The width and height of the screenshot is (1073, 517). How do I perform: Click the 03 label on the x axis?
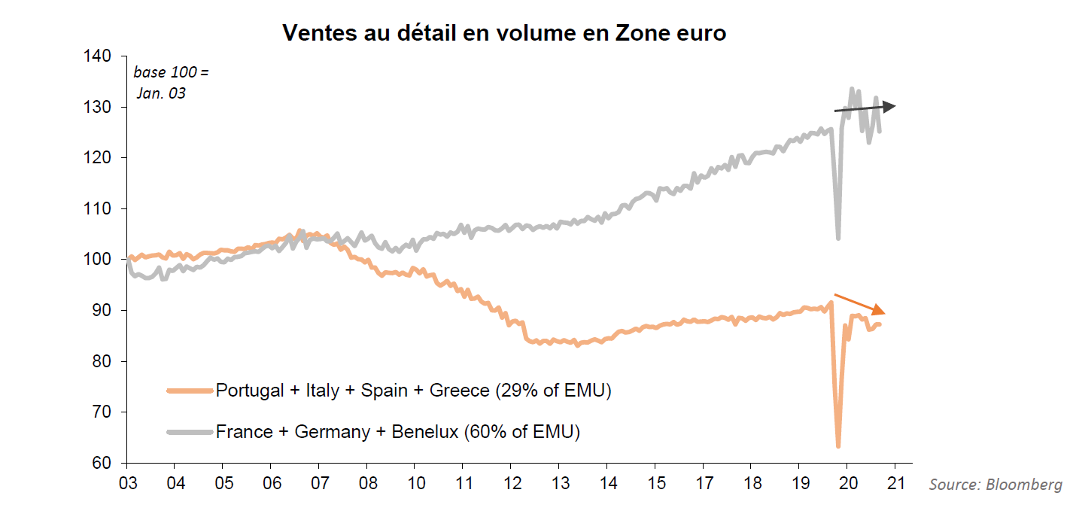tap(126, 482)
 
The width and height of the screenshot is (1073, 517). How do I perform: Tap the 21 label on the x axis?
tap(895, 482)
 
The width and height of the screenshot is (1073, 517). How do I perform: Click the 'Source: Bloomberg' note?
tap(995, 485)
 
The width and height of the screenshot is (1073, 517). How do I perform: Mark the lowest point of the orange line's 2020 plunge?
tap(838, 446)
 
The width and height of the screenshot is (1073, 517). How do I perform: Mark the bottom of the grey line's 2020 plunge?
tap(838, 239)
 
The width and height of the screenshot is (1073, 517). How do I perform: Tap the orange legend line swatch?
tap(190, 391)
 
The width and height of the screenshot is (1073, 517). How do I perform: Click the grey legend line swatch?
tap(190, 432)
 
